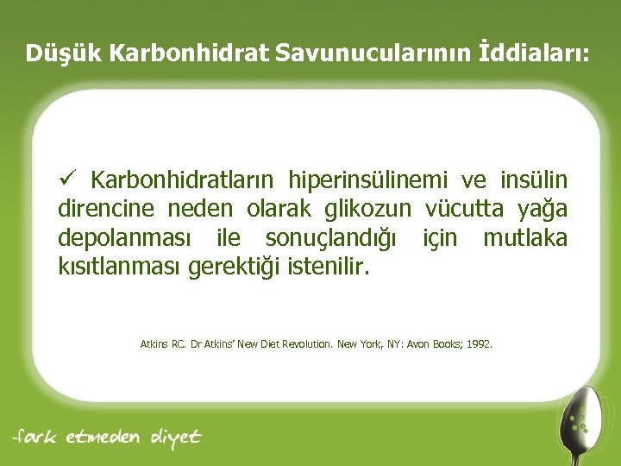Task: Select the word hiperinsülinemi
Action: (x=369, y=180)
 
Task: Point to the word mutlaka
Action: (x=525, y=238)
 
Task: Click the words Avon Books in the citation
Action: (x=435, y=343)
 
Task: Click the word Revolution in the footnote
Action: (x=301, y=343)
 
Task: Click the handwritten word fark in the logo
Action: (x=37, y=437)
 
